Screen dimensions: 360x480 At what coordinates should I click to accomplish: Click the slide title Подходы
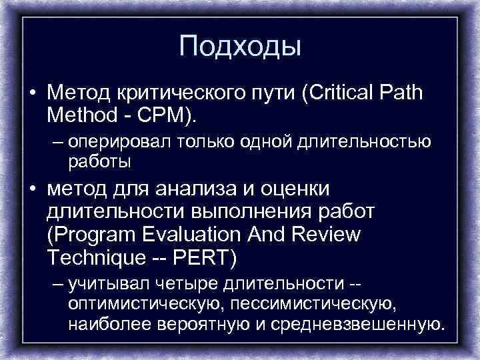point(240,46)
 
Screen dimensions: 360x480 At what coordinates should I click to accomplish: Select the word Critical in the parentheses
point(341,91)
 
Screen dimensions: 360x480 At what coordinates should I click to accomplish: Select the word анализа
point(204,189)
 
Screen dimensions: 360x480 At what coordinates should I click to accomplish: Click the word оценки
point(297,189)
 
